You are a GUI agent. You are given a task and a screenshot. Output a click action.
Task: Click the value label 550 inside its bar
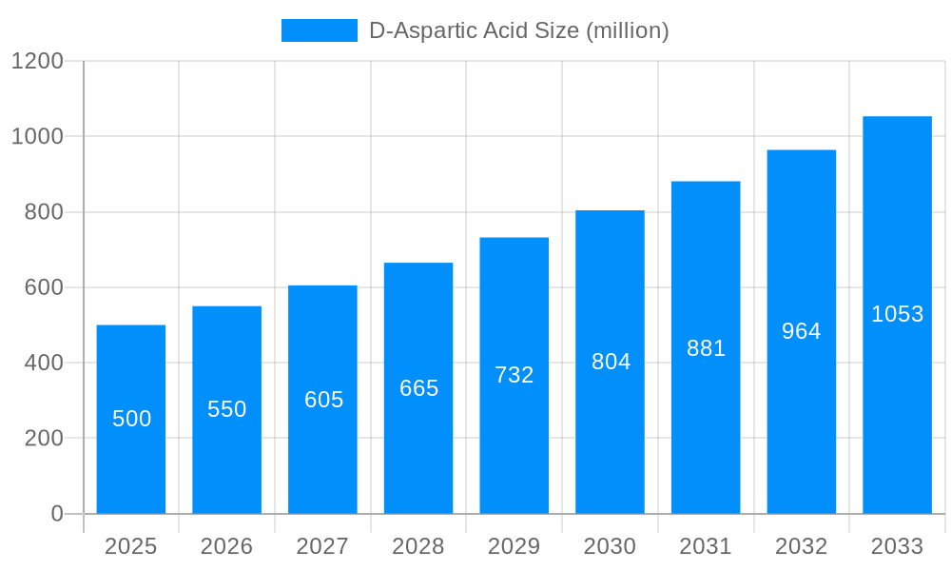click(227, 409)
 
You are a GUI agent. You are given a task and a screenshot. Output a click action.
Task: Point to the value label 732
click(514, 375)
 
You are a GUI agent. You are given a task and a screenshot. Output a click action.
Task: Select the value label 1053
click(897, 314)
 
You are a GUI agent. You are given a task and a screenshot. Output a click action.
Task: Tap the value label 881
click(706, 348)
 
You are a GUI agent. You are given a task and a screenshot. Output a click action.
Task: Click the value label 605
click(323, 400)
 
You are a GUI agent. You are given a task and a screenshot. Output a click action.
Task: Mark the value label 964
click(801, 331)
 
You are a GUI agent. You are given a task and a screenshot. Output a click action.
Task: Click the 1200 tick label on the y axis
click(37, 61)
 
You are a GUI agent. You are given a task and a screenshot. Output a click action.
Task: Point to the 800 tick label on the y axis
click(44, 212)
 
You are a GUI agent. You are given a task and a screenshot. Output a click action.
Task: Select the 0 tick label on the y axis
click(57, 514)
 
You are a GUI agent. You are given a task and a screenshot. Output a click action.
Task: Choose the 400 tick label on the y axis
click(44, 363)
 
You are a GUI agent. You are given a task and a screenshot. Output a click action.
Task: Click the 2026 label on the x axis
click(227, 546)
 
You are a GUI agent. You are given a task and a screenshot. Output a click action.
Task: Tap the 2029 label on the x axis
click(514, 546)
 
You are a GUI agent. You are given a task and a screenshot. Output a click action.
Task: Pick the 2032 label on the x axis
click(801, 546)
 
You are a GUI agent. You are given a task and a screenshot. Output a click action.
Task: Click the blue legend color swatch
click(320, 30)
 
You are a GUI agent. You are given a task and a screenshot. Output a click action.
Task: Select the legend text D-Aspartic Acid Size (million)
click(519, 30)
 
